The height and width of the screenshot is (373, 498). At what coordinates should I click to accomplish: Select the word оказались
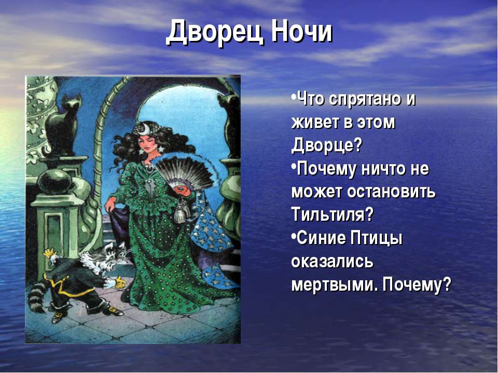(x=332, y=262)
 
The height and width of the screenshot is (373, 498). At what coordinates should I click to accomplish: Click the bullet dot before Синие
(x=293, y=236)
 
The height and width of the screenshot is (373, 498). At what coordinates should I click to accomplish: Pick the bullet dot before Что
(x=293, y=96)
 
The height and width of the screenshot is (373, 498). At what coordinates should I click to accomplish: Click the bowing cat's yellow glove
(x=119, y=283)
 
